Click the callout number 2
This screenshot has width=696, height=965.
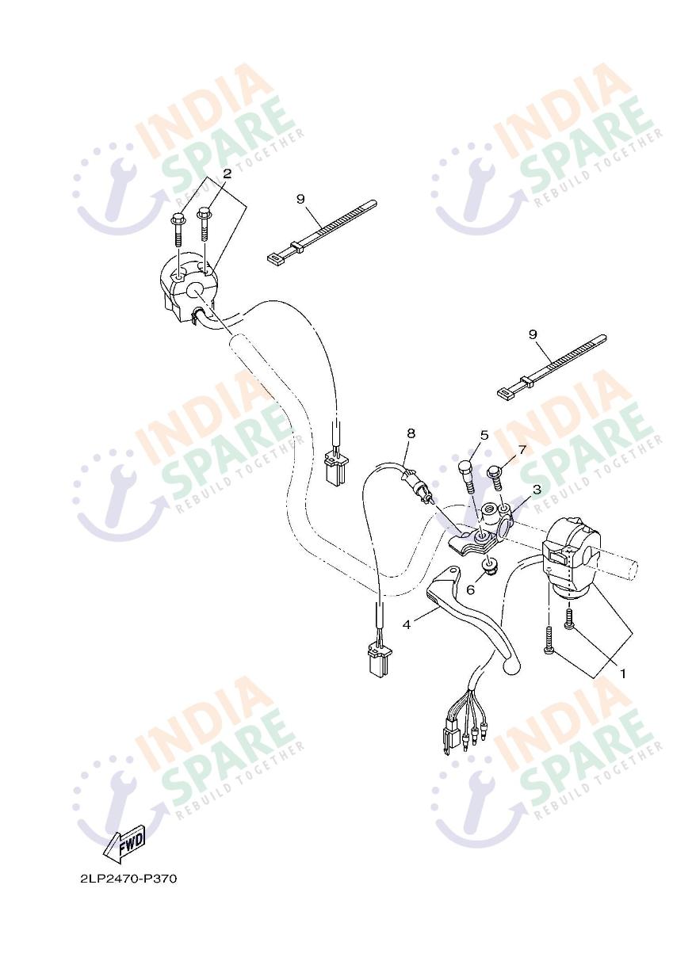pyautogui.click(x=227, y=174)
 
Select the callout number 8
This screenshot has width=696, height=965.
pyautogui.click(x=411, y=433)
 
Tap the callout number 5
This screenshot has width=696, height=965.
pyautogui.click(x=484, y=435)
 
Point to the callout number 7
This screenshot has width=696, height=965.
pyautogui.click(x=522, y=450)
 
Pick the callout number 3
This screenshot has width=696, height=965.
pyautogui.click(x=537, y=490)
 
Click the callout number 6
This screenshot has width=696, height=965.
pyautogui.click(x=471, y=589)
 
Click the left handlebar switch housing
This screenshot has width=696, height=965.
pyautogui.click(x=189, y=286)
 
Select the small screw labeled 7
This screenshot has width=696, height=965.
pyautogui.click(x=495, y=479)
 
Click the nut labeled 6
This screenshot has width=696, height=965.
pyautogui.click(x=490, y=567)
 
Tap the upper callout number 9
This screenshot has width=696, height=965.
pyautogui.click(x=300, y=199)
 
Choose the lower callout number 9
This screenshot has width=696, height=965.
pyautogui.click(x=533, y=334)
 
